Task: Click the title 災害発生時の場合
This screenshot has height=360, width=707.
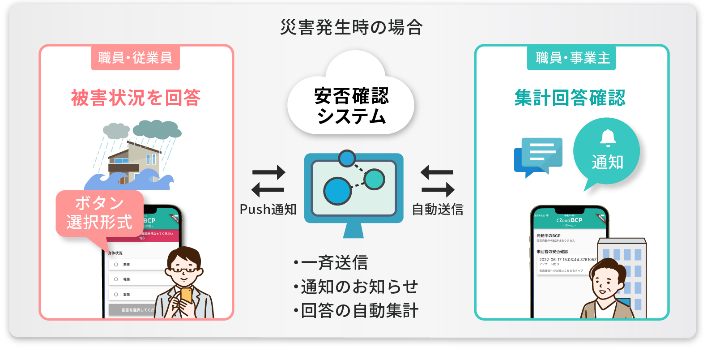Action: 351,28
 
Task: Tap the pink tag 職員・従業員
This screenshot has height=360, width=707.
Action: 135,58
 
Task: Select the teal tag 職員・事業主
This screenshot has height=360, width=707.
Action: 572,58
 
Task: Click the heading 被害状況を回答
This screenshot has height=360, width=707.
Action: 136,98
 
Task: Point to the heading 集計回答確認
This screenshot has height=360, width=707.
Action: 570,98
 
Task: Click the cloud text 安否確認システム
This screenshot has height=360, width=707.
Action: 351,106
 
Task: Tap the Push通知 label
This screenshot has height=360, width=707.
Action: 268,209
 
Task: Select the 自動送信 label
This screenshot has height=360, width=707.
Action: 437,209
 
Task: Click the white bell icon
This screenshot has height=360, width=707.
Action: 608,138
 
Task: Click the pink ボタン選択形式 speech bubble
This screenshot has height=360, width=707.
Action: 99,214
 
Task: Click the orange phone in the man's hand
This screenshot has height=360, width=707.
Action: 186,295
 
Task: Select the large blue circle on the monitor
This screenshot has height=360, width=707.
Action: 337,191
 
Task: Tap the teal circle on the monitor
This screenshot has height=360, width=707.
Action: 374,179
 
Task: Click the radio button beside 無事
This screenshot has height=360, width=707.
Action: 116,265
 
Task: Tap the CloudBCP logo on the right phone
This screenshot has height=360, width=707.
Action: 569,220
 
